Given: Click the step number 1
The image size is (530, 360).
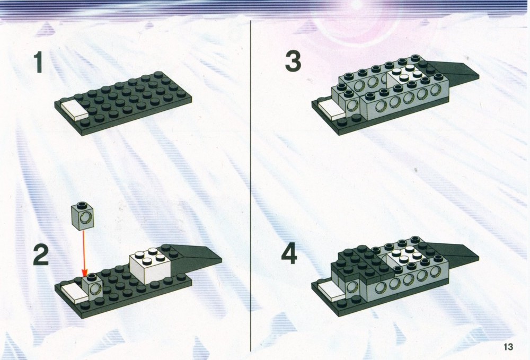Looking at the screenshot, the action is click(x=38, y=62).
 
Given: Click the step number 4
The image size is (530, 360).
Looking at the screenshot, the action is click(x=289, y=254).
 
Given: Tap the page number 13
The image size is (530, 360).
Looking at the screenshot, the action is click(x=508, y=347).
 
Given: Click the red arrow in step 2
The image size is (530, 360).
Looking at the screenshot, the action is click(x=84, y=253).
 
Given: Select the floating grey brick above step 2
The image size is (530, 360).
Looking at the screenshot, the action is click(x=83, y=216).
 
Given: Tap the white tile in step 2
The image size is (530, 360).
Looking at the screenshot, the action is click(x=74, y=291).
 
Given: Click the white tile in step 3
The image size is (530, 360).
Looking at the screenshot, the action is click(x=332, y=109).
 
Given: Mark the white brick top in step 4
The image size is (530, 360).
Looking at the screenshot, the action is click(x=403, y=257).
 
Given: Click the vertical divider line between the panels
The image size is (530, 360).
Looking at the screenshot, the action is click(x=251, y=186).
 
